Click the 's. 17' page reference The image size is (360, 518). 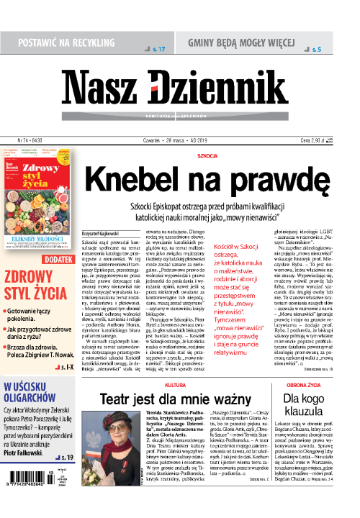(x=158, y=49)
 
